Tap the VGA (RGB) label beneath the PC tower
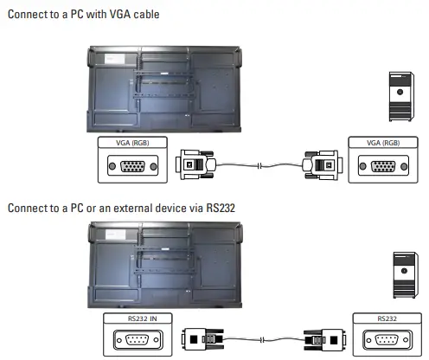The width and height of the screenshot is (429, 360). [x=379, y=142]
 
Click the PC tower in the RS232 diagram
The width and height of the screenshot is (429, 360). [x=405, y=275]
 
